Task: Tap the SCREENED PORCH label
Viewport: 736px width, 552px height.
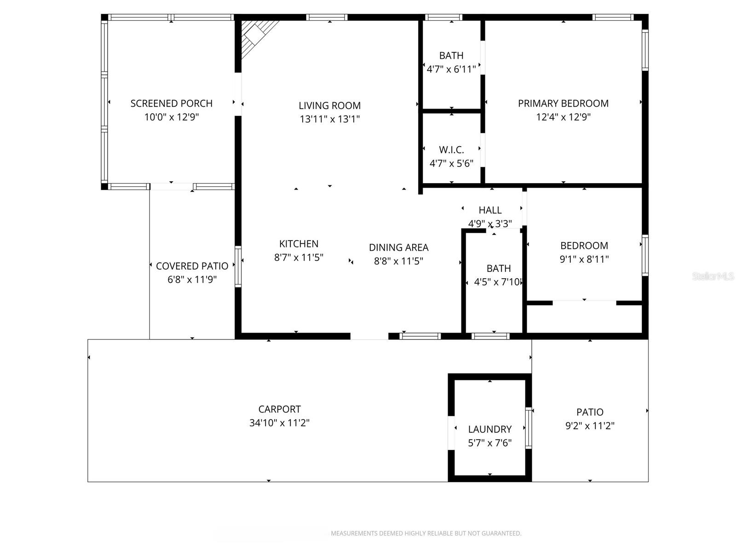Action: point(171,103)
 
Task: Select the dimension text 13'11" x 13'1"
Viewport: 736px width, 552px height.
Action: point(329,119)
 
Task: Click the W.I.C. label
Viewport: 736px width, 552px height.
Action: point(451,149)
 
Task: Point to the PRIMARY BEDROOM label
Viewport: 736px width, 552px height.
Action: point(563,103)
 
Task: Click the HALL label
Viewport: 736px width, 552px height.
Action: point(490,210)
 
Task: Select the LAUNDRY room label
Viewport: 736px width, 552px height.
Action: point(489,429)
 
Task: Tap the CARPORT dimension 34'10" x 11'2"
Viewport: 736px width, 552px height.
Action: point(279,423)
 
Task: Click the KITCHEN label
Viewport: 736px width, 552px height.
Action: point(299,244)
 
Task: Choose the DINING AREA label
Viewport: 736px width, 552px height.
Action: point(398,247)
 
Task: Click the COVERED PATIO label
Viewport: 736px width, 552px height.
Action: point(192,266)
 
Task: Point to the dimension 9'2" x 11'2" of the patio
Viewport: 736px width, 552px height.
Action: point(590,426)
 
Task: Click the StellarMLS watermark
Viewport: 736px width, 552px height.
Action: point(713,276)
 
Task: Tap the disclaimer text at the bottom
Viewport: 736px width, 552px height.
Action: point(426,534)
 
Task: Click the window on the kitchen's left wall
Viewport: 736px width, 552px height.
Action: point(238,267)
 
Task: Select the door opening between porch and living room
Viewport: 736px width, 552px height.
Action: point(238,94)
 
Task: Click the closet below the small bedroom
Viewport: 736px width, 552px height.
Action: point(584,318)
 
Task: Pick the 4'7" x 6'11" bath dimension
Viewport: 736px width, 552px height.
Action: point(451,69)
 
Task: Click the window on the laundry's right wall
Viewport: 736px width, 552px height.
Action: point(529,428)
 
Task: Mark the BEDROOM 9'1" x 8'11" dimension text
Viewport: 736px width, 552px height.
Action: point(584,259)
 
